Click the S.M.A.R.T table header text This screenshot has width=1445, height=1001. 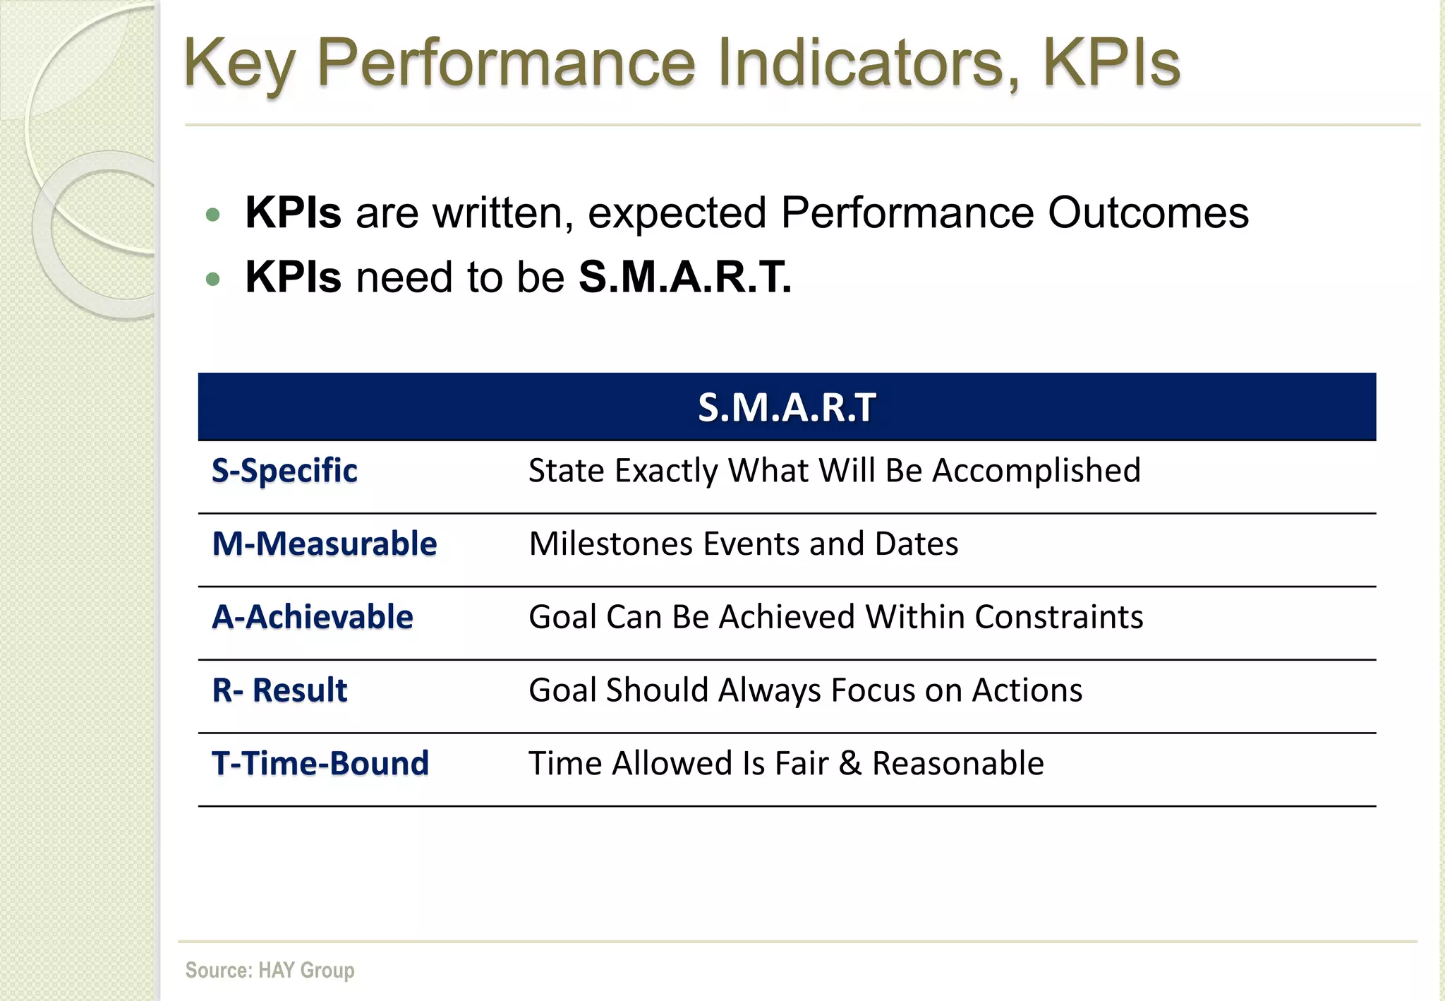(x=787, y=408)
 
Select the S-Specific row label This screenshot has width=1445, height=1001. (x=284, y=471)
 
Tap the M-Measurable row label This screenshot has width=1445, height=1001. (x=325, y=544)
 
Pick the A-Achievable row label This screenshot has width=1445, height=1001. (x=313, y=617)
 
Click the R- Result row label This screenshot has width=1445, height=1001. (x=279, y=690)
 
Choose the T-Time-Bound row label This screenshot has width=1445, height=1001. (x=320, y=764)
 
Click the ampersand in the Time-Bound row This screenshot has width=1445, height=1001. (x=850, y=764)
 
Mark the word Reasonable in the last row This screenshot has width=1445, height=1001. (x=957, y=764)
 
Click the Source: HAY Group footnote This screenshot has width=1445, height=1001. (x=270, y=970)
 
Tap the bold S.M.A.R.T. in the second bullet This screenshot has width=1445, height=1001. (x=685, y=277)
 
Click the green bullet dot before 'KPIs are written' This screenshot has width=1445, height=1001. (x=213, y=215)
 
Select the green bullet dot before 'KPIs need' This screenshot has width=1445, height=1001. (x=213, y=280)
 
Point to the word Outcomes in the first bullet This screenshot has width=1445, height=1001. (x=1148, y=212)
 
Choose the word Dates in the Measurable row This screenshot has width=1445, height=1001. (x=916, y=544)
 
